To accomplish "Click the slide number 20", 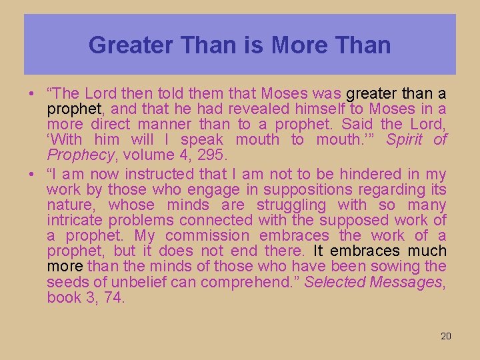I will [x=445, y=336].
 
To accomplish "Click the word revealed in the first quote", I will [x=261, y=109].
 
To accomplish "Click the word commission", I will [x=207, y=236].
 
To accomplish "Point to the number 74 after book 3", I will [x=114, y=297].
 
